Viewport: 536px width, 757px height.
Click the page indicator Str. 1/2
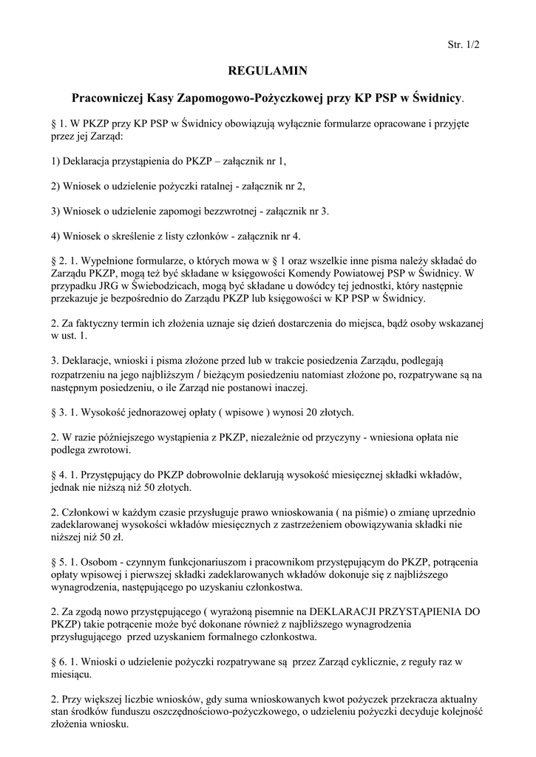point(464,45)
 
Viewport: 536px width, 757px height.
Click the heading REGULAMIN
point(268,71)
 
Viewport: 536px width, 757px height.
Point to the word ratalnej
point(226,186)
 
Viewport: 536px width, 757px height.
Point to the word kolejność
point(458,712)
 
